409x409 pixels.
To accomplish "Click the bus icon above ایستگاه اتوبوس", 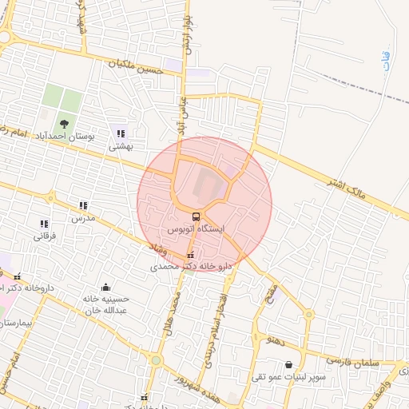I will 197,216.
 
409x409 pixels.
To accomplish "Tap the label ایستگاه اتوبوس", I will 197,228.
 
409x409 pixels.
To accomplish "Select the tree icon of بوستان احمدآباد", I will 63,124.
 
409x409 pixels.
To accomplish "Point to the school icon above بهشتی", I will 121,133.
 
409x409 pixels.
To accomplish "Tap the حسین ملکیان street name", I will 139,67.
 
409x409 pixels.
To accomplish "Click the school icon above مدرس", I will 83,205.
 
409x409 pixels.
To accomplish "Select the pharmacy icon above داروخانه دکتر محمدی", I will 189,255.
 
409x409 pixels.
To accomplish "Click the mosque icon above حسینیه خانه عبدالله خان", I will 105,287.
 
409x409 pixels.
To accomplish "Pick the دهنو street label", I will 277,340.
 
